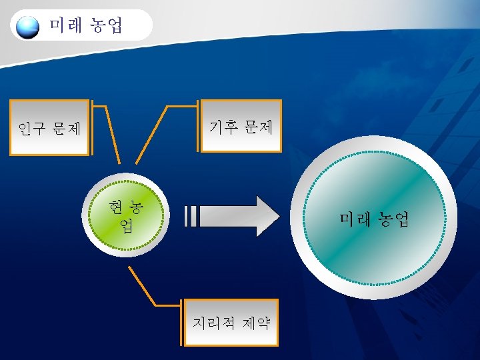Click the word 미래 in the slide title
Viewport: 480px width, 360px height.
[66, 26]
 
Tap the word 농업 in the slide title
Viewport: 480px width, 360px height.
[106, 26]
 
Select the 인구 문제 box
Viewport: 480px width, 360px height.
[50, 127]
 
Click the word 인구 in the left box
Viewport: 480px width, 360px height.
[32, 128]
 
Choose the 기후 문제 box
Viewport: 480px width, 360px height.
[241, 126]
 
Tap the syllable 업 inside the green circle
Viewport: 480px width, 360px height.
[127, 226]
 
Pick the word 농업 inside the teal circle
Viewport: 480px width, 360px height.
[393, 219]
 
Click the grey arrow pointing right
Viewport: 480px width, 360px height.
[240, 217]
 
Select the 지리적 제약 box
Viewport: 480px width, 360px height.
[231, 323]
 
